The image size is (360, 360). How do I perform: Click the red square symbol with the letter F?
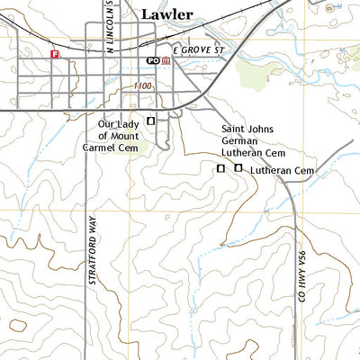coord(55,54)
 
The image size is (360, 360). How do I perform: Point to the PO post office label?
coord(153,60)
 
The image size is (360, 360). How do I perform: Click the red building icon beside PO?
coord(166,60)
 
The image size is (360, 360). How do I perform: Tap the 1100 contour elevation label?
coord(140,85)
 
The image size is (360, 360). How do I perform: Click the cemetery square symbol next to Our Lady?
coord(150,121)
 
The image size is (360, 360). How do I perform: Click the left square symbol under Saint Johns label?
coord(220,168)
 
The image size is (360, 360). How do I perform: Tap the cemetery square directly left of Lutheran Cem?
coord(238,168)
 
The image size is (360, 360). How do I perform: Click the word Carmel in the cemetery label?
coord(101,145)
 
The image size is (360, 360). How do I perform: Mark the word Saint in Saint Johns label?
coord(233,130)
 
